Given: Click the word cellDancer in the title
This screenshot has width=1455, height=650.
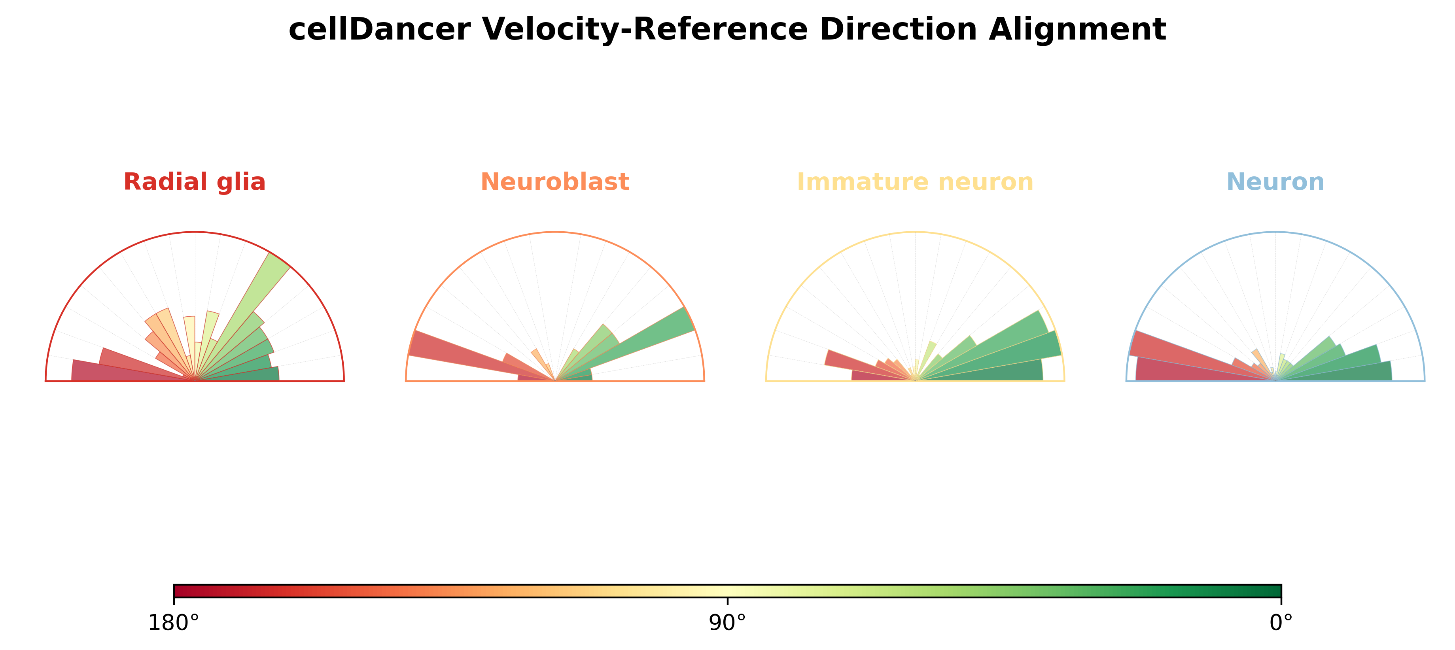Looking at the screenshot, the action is coord(379,29).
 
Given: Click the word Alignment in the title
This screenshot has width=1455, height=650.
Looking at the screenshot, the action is coord(1077,29).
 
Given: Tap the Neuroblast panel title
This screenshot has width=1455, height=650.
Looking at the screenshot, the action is coord(554,182).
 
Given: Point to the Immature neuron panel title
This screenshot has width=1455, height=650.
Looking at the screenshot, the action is coord(915,182).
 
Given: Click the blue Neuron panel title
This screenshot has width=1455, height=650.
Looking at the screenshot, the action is coord(1275,182).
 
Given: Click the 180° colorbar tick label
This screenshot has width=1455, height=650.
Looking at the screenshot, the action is coord(173,623).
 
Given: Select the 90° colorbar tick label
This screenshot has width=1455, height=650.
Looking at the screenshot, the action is coord(728,623).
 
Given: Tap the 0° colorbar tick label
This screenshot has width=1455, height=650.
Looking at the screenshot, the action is coord(1281,623).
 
